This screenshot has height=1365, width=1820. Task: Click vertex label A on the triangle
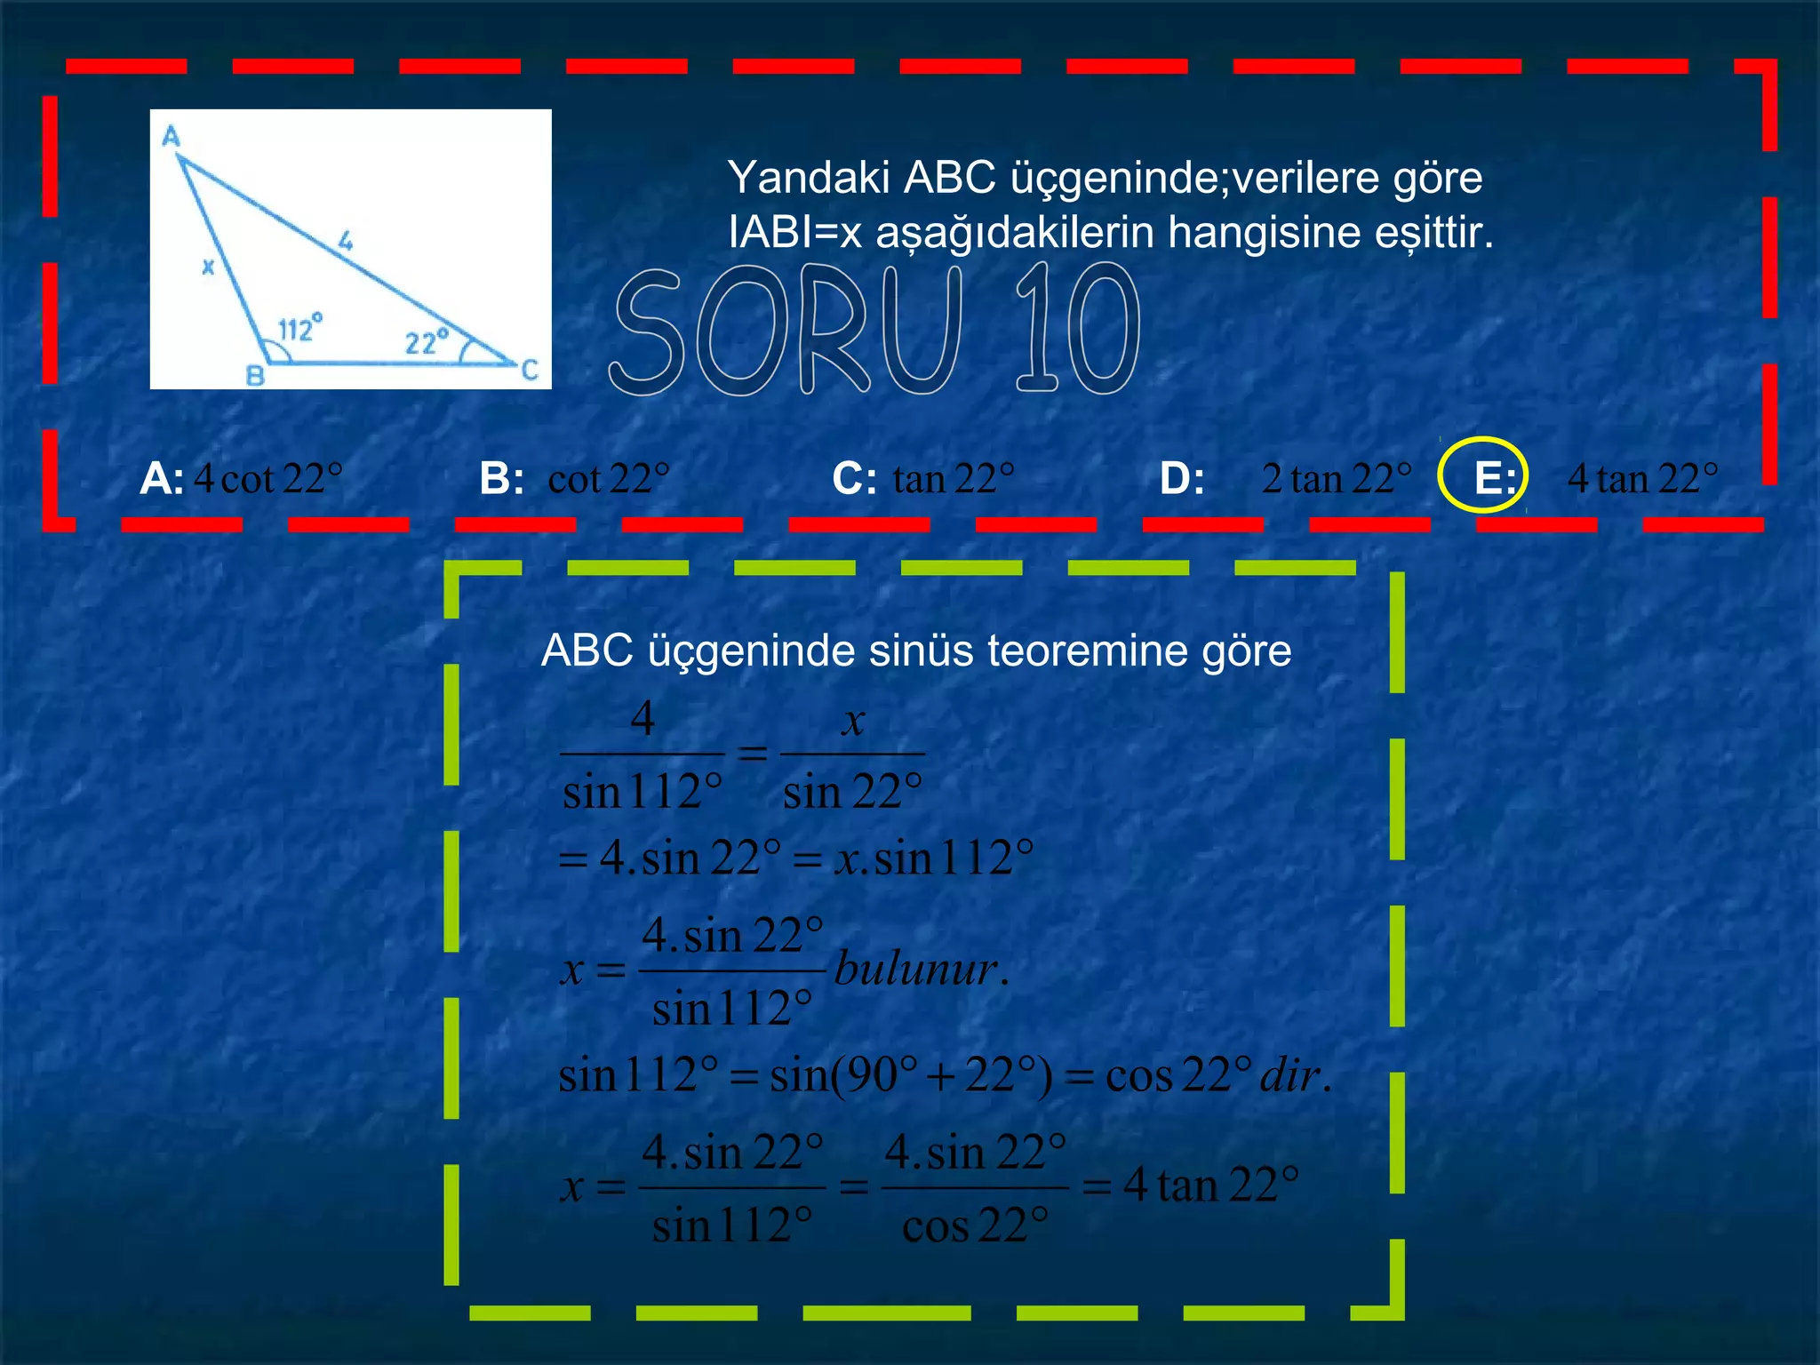(172, 136)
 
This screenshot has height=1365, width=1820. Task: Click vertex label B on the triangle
(255, 375)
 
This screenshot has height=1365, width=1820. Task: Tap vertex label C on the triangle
(530, 370)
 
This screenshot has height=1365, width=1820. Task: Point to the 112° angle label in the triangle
(299, 328)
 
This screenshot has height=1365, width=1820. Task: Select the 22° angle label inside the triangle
(427, 341)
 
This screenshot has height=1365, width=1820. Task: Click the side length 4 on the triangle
(346, 240)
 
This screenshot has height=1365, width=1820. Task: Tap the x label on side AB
(208, 266)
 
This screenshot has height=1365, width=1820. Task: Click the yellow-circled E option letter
(1493, 478)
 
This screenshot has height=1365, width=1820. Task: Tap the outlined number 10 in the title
(1077, 331)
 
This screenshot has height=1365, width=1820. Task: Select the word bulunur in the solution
(921, 969)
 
